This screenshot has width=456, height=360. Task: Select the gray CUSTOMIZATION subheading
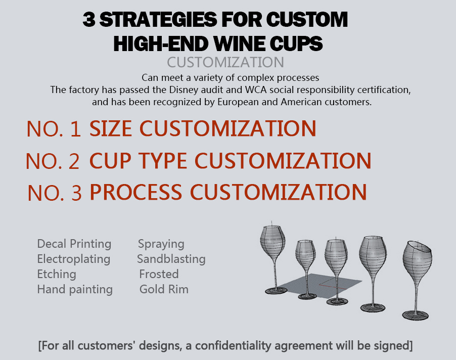coord(225,62)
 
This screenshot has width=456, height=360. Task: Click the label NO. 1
coord(54,129)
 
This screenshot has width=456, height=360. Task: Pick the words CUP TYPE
coord(140,161)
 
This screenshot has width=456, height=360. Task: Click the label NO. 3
coord(54,194)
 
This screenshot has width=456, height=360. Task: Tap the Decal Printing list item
coord(74,244)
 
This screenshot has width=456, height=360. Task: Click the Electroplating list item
coord(73,259)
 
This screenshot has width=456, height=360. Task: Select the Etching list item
coord(57,274)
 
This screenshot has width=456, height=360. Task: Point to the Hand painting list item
coord(75,289)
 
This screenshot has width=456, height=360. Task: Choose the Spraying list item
coord(161,244)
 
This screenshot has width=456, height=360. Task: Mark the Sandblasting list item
coord(171,259)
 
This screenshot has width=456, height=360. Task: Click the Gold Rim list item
coord(164,289)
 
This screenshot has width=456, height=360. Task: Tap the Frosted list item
coord(159,274)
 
